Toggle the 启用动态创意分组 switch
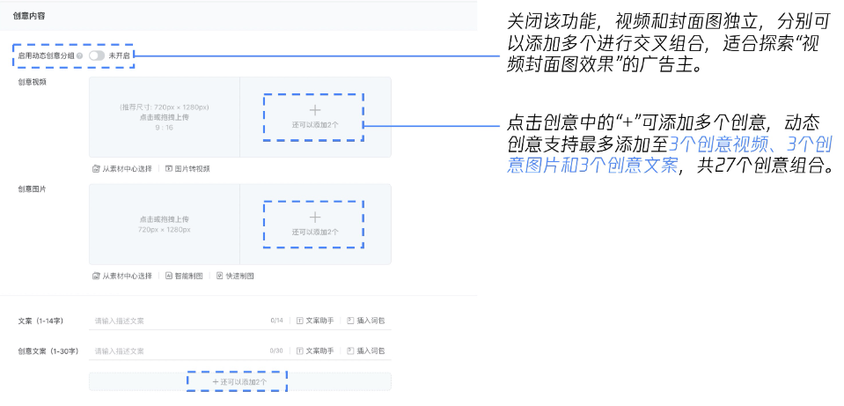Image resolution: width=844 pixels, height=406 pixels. [x=96, y=55]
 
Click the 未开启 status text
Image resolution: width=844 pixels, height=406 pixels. [x=120, y=55]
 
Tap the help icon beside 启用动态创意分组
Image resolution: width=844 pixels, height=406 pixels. [x=80, y=55]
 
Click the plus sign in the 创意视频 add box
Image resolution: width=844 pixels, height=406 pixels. [x=315, y=110]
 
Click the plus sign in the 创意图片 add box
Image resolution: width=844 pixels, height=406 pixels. [x=315, y=217]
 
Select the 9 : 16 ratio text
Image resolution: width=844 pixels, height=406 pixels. [x=164, y=128]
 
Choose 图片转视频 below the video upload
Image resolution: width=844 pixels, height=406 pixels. [x=187, y=168]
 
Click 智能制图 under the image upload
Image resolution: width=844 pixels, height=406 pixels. [x=184, y=276]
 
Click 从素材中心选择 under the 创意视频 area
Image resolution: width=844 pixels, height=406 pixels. [x=122, y=168]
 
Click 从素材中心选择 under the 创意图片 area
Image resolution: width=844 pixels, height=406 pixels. [x=122, y=276]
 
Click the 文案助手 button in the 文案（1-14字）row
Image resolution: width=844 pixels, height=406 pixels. [x=314, y=321]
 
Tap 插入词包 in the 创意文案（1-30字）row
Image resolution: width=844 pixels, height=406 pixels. [x=367, y=351]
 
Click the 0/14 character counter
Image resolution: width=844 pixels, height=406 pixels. [x=276, y=321]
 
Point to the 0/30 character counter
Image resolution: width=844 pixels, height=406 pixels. [x=276, y=351]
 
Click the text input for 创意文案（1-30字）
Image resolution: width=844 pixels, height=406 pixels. [x=176, y=351]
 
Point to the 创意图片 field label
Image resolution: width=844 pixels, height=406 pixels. [x=33, y=189]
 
